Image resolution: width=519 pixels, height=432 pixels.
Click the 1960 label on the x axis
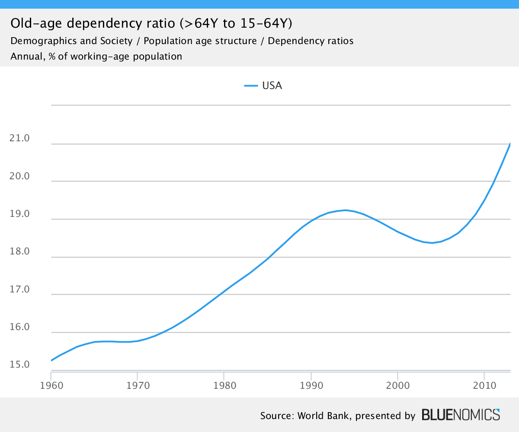[x=51, y=384]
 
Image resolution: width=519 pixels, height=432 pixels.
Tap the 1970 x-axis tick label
[x=137, y=384]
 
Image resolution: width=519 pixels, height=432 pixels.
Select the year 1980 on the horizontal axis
[x=224, y=384]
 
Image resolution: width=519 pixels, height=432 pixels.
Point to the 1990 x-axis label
[x=311, y=384]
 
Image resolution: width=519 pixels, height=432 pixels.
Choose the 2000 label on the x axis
[x=397, y=384]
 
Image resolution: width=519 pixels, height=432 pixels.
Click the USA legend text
[x=272, y=86]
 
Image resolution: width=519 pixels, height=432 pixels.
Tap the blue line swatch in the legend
[x=251, y=86]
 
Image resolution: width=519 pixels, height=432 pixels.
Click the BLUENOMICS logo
[x=461, y=415]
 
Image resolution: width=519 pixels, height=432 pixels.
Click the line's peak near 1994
[x=346, y=210]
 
